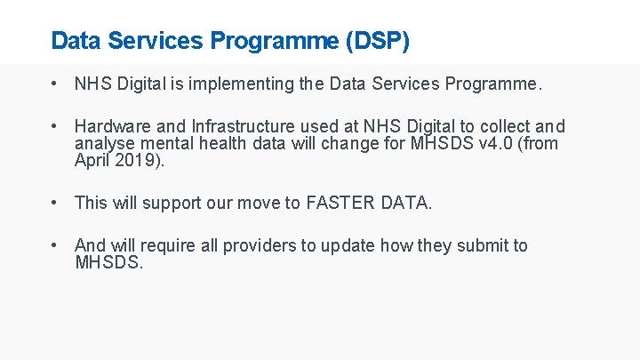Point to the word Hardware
click(111, 127)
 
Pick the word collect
click(503, 127)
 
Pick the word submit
click(482, 246)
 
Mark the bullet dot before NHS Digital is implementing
click(55, 84)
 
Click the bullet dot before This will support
click(55, 203)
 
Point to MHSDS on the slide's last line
click(107, 262)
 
